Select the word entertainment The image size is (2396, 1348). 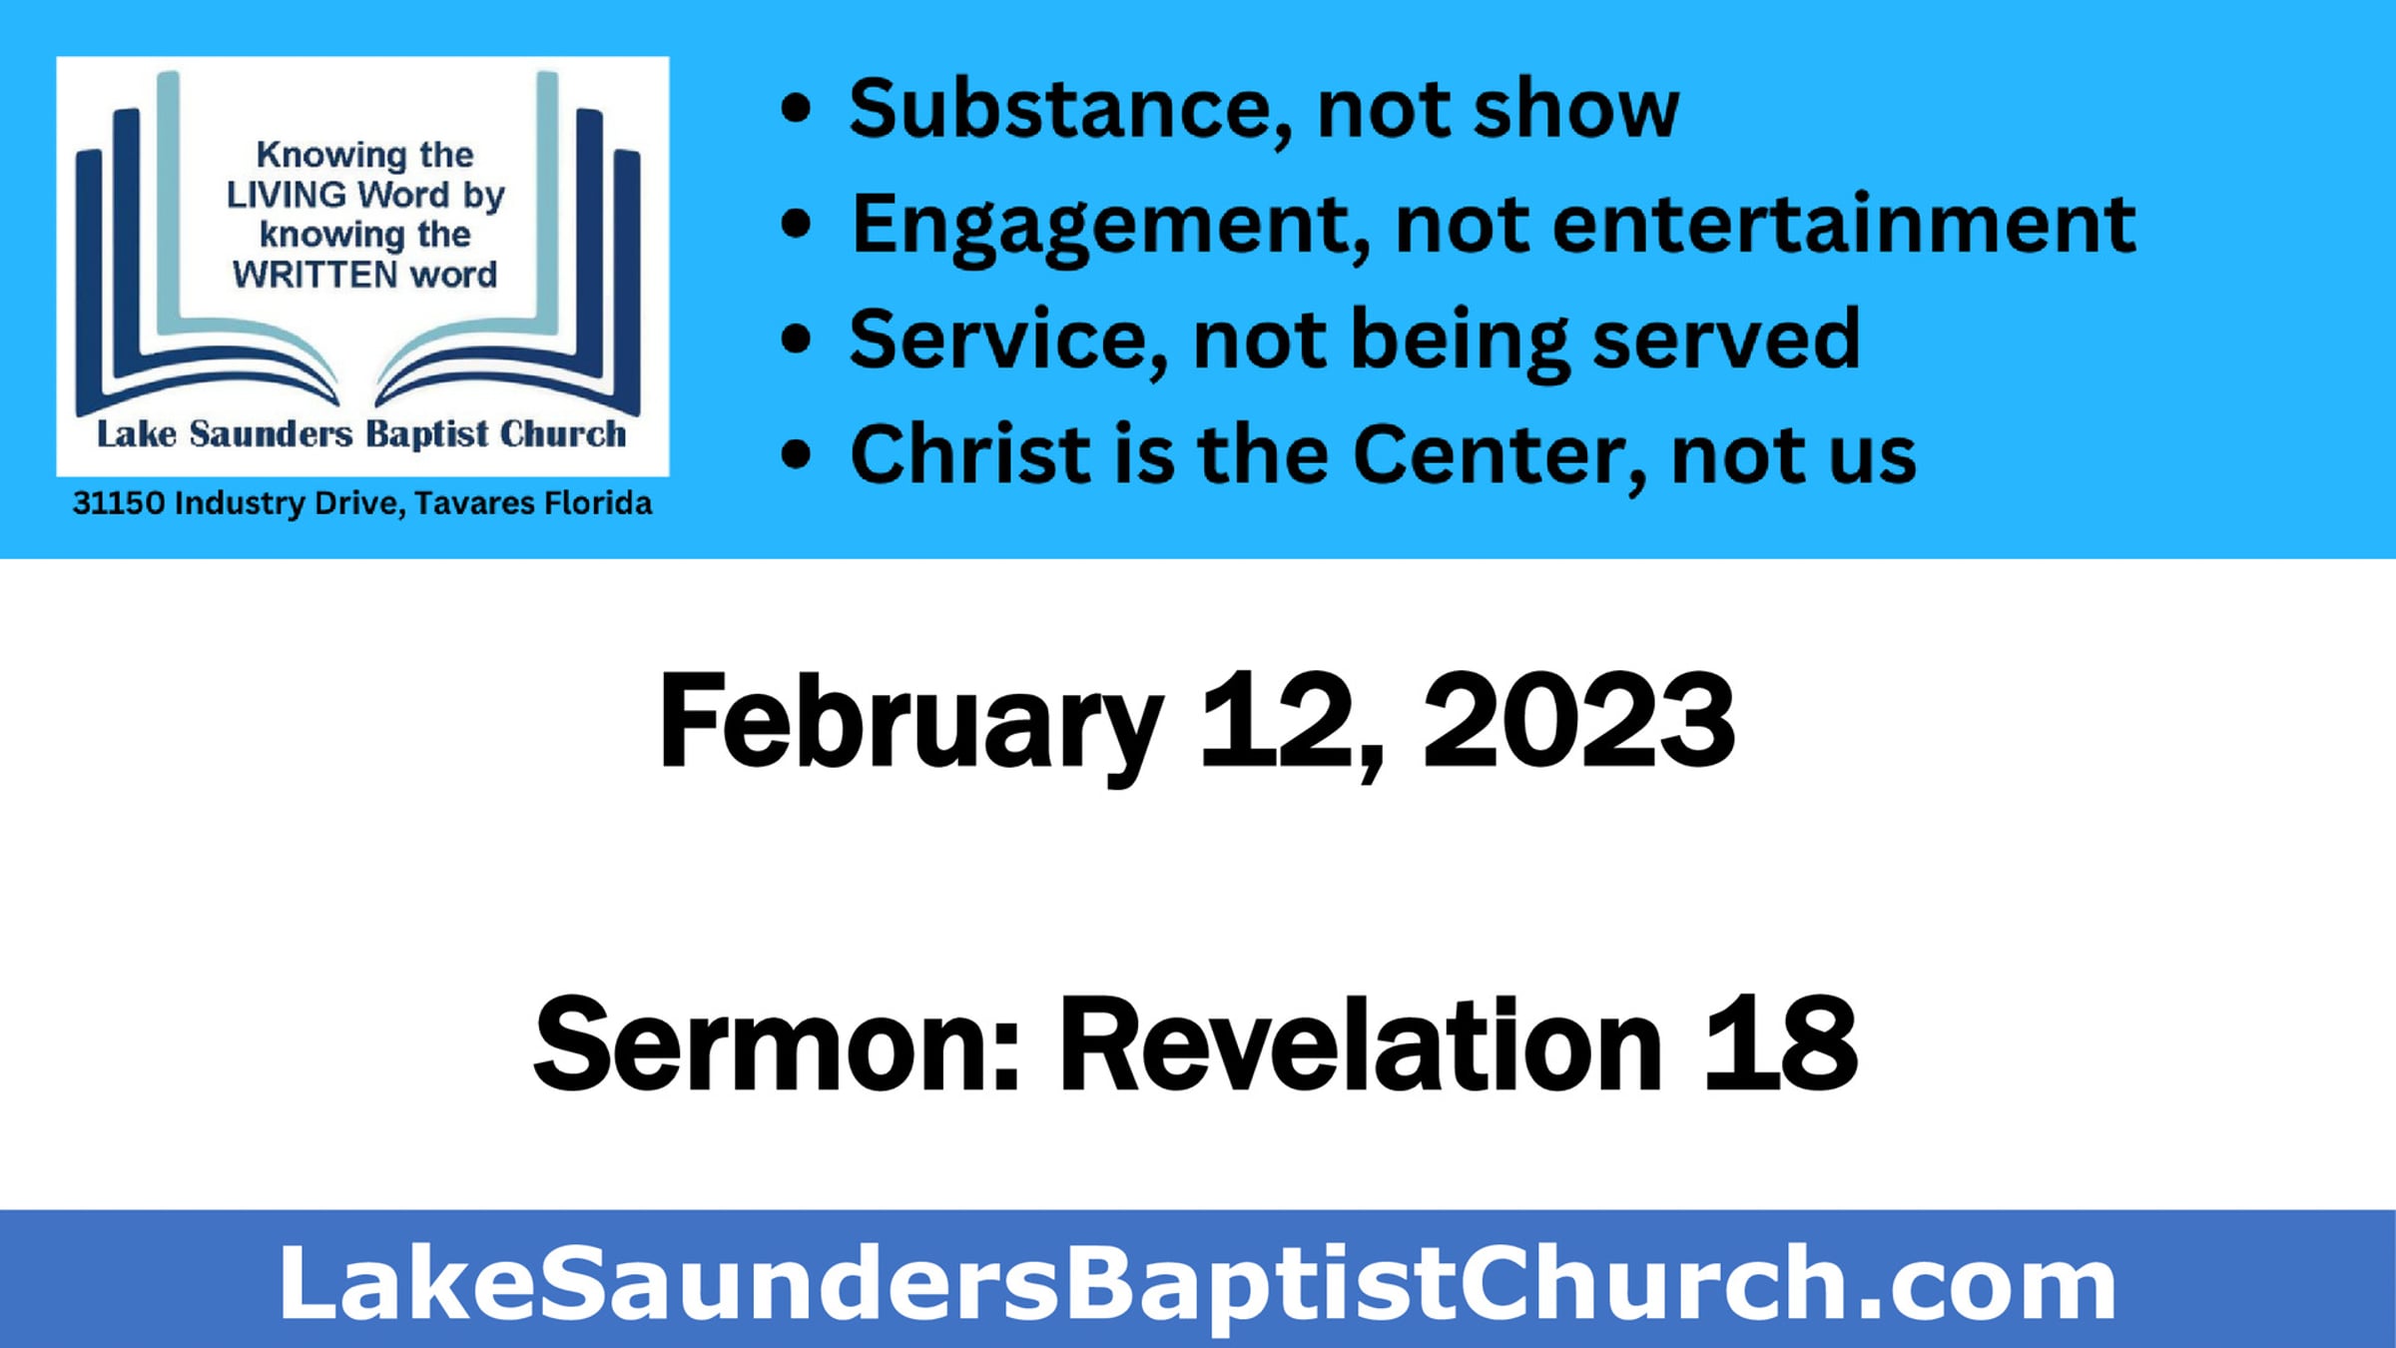pos(1844,224)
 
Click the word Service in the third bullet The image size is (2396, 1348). pos(1008,340)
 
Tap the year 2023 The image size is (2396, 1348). pos(1578,719)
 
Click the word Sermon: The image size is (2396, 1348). pos(777,1044)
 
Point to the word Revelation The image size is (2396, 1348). pos(1360,1042)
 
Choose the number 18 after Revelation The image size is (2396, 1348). pos(1781,1042)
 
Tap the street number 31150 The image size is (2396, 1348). pos(119,502)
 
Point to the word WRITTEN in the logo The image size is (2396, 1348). pos(315,275)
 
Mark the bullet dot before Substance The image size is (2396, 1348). pos(796,109)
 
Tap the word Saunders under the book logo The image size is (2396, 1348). pos(271,434)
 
